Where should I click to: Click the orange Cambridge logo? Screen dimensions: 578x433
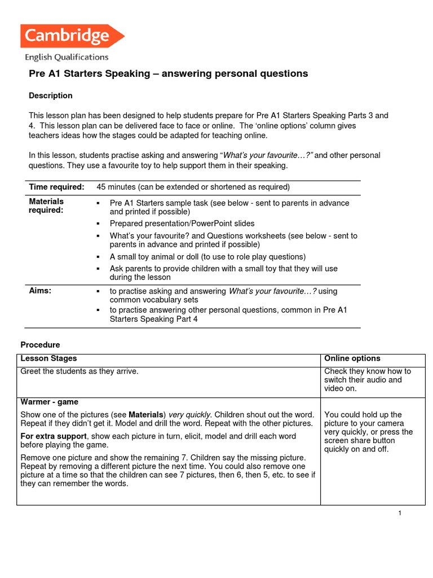[70, 37]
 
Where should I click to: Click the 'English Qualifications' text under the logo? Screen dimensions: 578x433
[67, 57]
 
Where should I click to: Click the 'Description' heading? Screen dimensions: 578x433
[51, 95]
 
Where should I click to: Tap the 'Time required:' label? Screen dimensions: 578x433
[56, 187]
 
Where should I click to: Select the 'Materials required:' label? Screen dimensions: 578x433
[46, 205]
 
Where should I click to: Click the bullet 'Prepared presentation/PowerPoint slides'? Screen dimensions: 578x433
[182, 224]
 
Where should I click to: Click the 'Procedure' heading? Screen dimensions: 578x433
[40, 344]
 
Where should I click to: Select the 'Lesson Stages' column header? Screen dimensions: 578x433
[48, 358]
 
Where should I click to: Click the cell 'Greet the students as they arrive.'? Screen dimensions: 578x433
[79, 371]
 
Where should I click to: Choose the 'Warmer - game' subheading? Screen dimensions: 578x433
[50, 402]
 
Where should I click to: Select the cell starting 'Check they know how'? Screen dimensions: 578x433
[368, 379]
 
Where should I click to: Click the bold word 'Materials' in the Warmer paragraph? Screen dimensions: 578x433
[147, 414]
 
